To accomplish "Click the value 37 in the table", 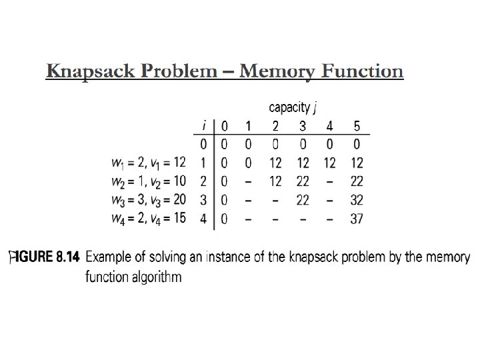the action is [357, 219].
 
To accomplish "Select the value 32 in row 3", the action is [357, 200].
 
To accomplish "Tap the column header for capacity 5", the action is [357, 126].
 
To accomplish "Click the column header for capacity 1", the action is [248, 126].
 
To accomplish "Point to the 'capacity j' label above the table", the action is [293, 108].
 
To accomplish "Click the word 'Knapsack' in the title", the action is [91, 71].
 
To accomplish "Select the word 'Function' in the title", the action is [363, 71].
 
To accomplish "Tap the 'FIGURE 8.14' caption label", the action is [45, 257].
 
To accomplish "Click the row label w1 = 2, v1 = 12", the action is [149, 163].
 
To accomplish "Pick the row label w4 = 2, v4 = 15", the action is [149, 219].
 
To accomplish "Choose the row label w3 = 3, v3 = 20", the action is [149, 200].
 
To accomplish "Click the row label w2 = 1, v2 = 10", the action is [149, 181].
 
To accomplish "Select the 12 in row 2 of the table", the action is [275, 181].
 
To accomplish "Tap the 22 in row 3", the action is [303, 200].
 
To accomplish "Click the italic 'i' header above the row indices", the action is [204, 125].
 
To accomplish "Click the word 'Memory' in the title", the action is [277, 72].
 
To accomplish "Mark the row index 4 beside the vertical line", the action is [203, 219].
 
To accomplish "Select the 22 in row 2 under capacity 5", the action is [357, 181].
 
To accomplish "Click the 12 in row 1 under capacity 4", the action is [330, 163].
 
